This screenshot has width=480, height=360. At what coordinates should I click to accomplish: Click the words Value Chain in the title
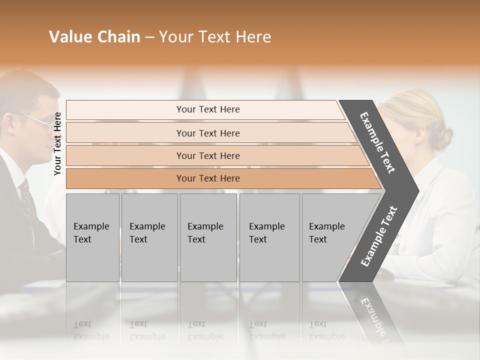point(94,37)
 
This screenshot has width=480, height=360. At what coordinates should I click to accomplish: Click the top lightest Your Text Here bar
point(208,109)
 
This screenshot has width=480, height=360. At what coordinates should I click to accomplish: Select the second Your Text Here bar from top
point(208,133)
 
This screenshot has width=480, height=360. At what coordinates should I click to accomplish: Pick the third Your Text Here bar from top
point(208,155)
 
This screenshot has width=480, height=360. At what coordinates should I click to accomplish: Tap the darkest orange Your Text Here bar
point(208,178)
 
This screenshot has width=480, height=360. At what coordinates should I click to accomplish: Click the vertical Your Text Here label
point(57,143)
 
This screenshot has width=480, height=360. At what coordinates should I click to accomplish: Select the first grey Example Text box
point(92,237)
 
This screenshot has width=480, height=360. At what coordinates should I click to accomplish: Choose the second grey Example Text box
point(149,237)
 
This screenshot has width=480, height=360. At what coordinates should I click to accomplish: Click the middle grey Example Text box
point(208,237)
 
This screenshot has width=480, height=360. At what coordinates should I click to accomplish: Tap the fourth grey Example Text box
point(269,237)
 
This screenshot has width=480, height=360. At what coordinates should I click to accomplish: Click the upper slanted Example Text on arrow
point(377,142)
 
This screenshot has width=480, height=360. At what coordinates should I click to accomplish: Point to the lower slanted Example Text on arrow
point(379,236)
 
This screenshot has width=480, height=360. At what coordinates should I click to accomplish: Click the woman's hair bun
point(443,138)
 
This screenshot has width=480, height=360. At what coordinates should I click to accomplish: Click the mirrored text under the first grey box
point(91,330)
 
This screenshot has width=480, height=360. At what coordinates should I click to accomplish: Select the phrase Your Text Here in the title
point(215,37)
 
